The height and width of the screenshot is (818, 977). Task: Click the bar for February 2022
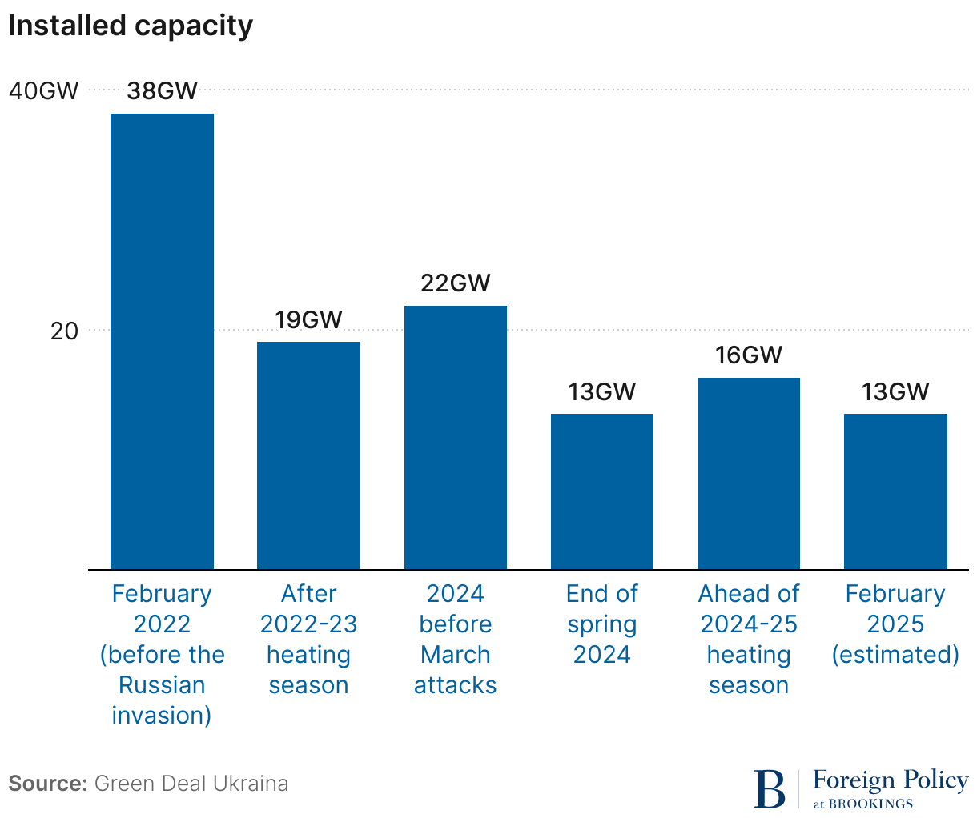162,342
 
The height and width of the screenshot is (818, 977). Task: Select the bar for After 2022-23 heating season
308,455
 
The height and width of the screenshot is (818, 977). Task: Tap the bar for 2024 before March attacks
455,438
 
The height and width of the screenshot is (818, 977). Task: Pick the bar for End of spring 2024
602,491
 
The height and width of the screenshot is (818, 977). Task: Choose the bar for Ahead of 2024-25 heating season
749,474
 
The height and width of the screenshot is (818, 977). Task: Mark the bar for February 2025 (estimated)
895,491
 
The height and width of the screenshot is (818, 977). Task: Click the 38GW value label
162,90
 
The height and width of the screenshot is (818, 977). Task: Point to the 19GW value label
308,320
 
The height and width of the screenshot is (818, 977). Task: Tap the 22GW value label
455,283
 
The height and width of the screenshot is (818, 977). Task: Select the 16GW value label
749,355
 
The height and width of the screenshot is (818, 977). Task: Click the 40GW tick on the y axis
44,91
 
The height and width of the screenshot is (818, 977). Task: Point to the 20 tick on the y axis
64,331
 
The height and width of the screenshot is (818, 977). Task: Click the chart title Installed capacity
131,26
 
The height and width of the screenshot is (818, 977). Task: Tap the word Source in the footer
47,783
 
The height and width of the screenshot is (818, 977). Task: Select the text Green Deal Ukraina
191,783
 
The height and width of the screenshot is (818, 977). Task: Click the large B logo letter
770,789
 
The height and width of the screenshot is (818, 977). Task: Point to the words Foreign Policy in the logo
891,780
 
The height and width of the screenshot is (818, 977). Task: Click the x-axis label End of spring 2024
602,624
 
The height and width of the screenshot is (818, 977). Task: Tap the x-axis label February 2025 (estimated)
895,624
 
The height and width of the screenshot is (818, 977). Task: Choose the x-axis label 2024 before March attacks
455,639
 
